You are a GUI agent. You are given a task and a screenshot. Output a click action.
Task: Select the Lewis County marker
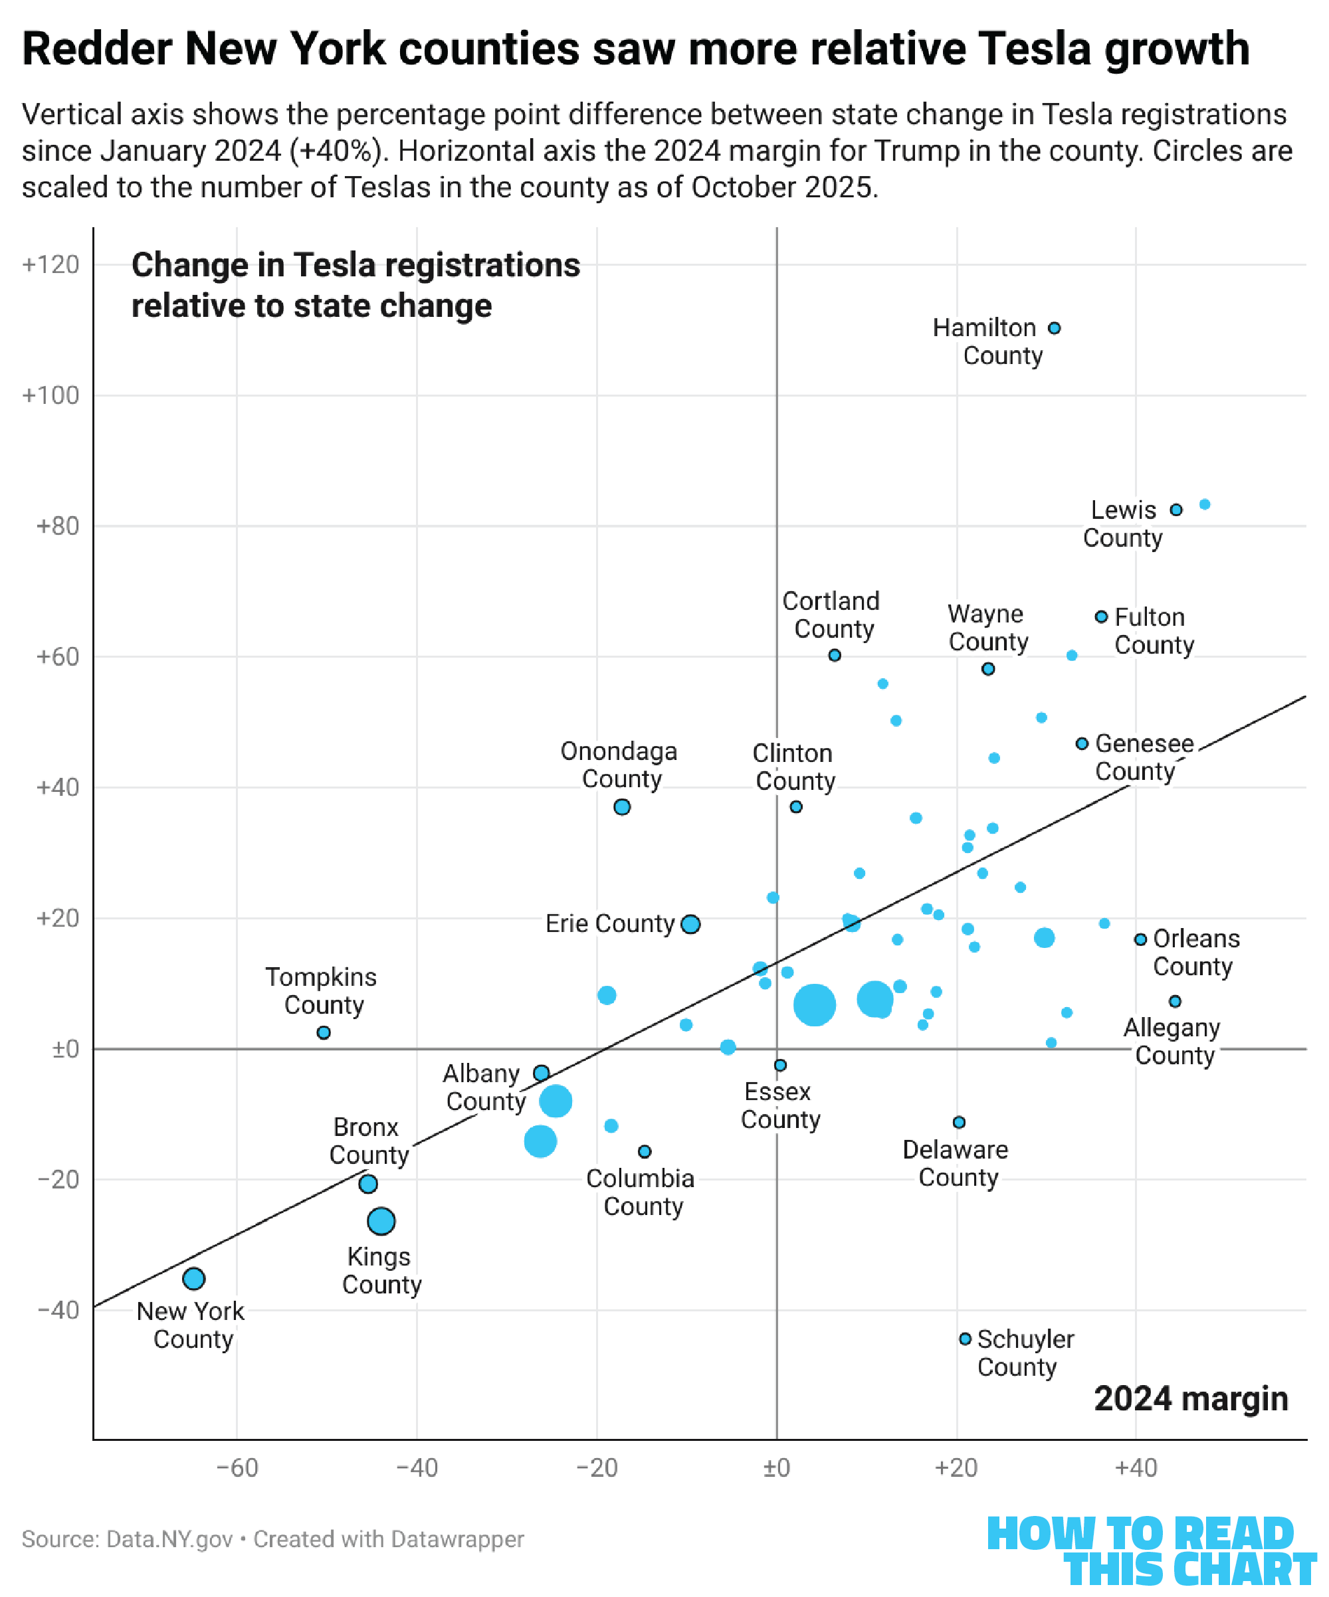tap(1176, 510)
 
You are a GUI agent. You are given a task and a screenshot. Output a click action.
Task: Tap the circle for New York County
tap(194, 1278)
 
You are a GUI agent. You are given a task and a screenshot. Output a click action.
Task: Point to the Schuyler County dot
tap(965, 1339)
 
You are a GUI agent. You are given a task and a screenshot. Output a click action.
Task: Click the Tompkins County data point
tap(324, 1033)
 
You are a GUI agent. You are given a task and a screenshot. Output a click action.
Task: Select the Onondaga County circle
tap(621, 807)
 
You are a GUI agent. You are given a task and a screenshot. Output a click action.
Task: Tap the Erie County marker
tap(690, 924)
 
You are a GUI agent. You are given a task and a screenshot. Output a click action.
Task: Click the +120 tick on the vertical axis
tap(51, 264)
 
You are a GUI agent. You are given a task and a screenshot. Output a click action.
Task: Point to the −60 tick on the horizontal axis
tap(237, 1467)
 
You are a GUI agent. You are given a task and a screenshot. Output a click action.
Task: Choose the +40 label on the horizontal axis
tap(1136, 1467)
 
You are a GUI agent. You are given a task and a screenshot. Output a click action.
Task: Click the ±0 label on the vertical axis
tap(65, 1050)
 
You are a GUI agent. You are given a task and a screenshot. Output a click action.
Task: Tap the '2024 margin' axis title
tap(1191, 1398)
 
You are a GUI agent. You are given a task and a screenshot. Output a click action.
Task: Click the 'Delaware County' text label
tap(956, 1163)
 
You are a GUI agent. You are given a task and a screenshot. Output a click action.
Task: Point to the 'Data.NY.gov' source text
tap(169, 1539)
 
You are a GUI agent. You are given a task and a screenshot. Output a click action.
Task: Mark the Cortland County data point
tap(835, 656)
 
